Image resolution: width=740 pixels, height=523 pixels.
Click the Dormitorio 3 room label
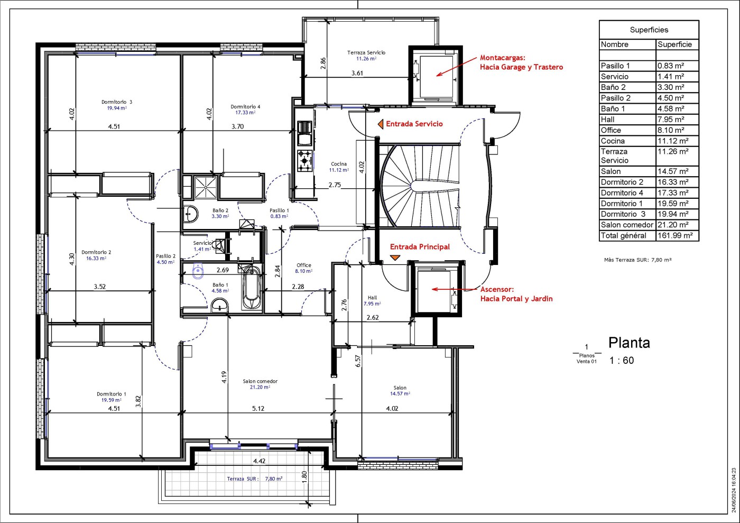[x=117, y=102]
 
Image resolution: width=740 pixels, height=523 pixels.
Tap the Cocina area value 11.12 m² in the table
[x=673, y=141]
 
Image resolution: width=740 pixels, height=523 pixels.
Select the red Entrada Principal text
[x=420, y=246]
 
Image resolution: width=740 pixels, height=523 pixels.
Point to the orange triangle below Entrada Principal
[x=395, y=257]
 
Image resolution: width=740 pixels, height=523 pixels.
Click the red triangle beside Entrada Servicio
[x=381, y=124]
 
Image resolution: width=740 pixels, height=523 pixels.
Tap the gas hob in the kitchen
[x=304, y=161]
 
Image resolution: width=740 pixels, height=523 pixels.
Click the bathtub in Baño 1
[x=252, y=287]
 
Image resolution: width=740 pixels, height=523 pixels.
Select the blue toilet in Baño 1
[x=198, y=271]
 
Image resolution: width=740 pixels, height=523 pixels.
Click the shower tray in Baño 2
[x=206, y=187]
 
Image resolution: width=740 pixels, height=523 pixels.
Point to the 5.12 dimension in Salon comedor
[x=258, y=408]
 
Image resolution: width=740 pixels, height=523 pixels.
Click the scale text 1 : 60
[x=622, y=360]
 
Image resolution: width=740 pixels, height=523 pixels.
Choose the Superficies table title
[x=649, y=30]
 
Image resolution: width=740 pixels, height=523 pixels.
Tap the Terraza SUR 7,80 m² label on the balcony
[x=254, y=479]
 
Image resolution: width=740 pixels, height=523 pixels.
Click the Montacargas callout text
[x=521, y=62]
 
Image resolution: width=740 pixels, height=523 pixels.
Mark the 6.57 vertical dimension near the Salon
[x=358, y=361]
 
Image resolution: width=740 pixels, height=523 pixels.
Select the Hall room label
[x=372, y=298]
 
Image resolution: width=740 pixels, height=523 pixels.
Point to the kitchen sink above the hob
[x=304, y=133]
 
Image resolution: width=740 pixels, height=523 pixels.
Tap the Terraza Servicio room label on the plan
[x=366, y=52]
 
